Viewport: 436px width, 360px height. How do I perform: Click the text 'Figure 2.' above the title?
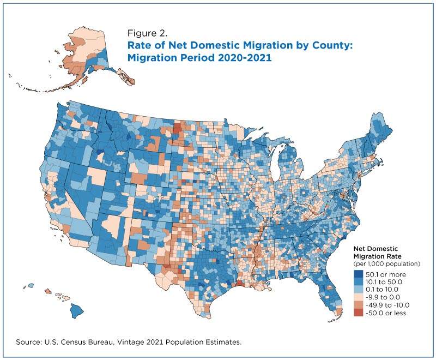point(147,33)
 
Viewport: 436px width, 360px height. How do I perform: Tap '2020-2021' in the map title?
point(245,58)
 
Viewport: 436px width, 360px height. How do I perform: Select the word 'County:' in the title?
point(332,45)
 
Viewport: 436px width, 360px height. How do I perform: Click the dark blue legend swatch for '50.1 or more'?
point(359,274)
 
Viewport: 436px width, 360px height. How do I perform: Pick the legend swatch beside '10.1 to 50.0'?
point(359,282)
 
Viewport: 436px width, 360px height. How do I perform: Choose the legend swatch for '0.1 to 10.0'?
point(359,290)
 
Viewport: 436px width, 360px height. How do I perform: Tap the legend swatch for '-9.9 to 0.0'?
point(359,297)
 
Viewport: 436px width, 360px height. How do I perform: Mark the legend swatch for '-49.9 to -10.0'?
point(359,305)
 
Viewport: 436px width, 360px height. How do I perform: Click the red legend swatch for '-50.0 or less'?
point(359,313)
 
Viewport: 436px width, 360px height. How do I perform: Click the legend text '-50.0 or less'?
point(386,313)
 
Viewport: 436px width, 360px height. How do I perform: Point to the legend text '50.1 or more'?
point(386,274)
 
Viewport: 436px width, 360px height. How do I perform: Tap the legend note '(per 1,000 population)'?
point(386,264)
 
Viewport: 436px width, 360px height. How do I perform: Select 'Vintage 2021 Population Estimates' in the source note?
point(179,342)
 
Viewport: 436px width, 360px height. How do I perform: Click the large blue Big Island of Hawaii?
point(76,311)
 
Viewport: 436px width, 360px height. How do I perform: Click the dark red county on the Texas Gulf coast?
point(239,284)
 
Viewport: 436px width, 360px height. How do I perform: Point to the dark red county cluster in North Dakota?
point(177,128)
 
